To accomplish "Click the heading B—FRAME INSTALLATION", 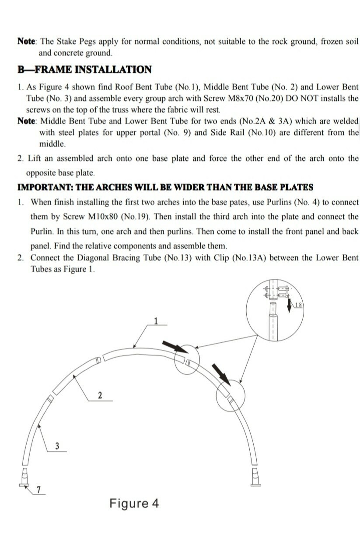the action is [84, 70].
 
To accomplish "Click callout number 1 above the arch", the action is [156, 321].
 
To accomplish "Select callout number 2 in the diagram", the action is [100, 395].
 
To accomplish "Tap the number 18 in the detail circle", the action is [299, 305].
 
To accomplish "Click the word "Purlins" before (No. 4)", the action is [279, 202].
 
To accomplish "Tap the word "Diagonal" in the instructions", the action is [94, 258].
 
